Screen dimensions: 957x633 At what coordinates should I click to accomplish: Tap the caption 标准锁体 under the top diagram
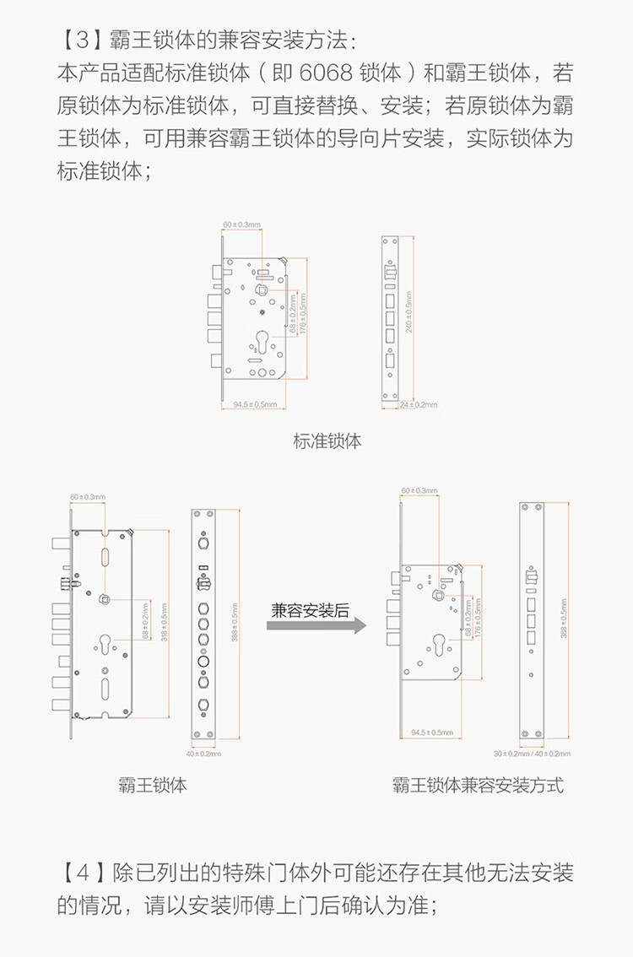pyautogui.click(x=327, y=440)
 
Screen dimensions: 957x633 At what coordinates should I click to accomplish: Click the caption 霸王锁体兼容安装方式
pyautogui.click(x=478, y=785)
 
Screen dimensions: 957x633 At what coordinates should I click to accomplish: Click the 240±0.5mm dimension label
pyautogui.click(x=409, y=314)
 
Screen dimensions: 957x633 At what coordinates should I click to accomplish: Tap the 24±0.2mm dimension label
pyautogui.click(x=419, y=405)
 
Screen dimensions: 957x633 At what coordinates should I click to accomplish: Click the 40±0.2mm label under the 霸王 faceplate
pyautogui.click(x=203, y=753)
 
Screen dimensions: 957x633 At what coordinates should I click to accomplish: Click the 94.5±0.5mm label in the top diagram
pyautogui.click(x=255, y=405)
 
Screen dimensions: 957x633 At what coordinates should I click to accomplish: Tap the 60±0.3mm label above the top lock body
pyautogui.click(x=241, y=224)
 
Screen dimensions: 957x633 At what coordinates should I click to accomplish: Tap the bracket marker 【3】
pyautogui.click(x=76, y=41)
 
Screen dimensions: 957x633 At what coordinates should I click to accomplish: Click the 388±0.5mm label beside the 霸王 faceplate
pyautogui.click(x=234, y=620)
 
